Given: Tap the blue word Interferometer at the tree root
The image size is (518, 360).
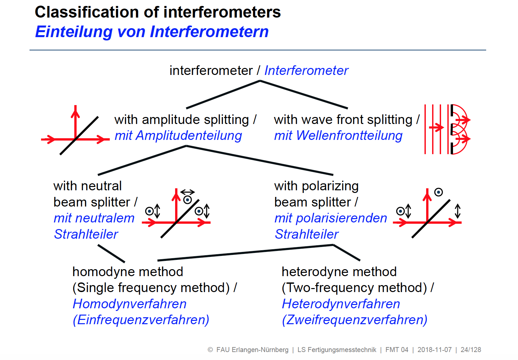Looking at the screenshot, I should point(306,71).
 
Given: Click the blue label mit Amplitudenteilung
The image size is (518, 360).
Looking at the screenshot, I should point(178,136).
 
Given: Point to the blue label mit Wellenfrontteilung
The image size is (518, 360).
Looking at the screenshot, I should point(338,136).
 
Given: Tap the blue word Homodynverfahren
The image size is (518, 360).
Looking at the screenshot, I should point(129,304).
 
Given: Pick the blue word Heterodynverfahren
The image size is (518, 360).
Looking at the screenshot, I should point(341,304).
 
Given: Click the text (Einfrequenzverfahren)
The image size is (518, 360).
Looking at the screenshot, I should point(141,320).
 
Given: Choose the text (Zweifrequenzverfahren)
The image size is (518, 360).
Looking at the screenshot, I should point(355,320).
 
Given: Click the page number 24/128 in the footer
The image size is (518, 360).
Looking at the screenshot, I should point(471,350).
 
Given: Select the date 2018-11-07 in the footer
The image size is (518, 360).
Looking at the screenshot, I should point(434,350).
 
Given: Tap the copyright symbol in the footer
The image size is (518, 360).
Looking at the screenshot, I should point(210,350).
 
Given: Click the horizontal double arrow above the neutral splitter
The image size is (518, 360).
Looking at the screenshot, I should point(187,192).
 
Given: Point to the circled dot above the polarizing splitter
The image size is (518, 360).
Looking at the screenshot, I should point(438,192).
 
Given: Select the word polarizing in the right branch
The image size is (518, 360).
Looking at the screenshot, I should point(330,186).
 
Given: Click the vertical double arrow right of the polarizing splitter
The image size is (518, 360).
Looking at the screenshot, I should point(458,211).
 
